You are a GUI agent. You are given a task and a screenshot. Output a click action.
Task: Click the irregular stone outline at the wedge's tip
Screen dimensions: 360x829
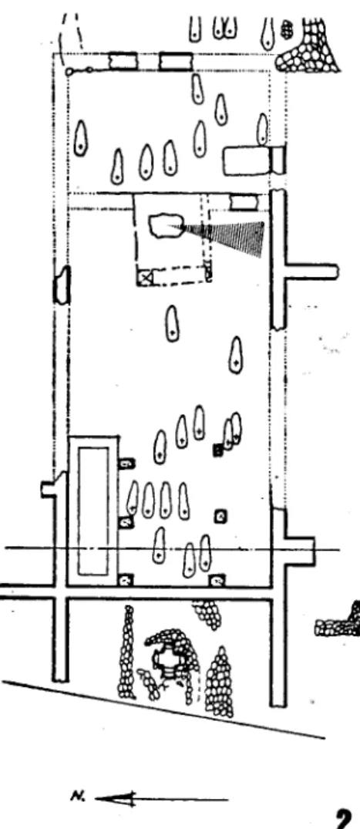coord(164,227)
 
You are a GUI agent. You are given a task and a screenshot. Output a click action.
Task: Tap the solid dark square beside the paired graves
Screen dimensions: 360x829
coord(217,450)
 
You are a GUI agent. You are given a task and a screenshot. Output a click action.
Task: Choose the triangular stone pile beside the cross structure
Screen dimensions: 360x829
coord(220,682)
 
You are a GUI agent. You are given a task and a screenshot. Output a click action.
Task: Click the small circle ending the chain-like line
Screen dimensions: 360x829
coord(69,70)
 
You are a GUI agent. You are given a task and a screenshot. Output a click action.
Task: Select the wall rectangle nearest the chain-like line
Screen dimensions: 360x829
coord(123,61)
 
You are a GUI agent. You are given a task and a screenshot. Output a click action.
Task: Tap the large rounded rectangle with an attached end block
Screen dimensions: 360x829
coord(254,160)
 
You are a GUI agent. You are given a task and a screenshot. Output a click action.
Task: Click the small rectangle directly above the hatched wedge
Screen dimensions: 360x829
coord(244,202)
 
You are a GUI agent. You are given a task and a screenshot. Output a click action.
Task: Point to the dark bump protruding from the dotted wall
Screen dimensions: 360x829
coord(62,285)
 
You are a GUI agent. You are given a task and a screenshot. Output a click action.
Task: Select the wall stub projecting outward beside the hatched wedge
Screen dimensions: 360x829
coord(311,272)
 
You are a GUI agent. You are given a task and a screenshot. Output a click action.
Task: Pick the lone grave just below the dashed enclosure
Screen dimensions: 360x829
coord(172,323)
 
